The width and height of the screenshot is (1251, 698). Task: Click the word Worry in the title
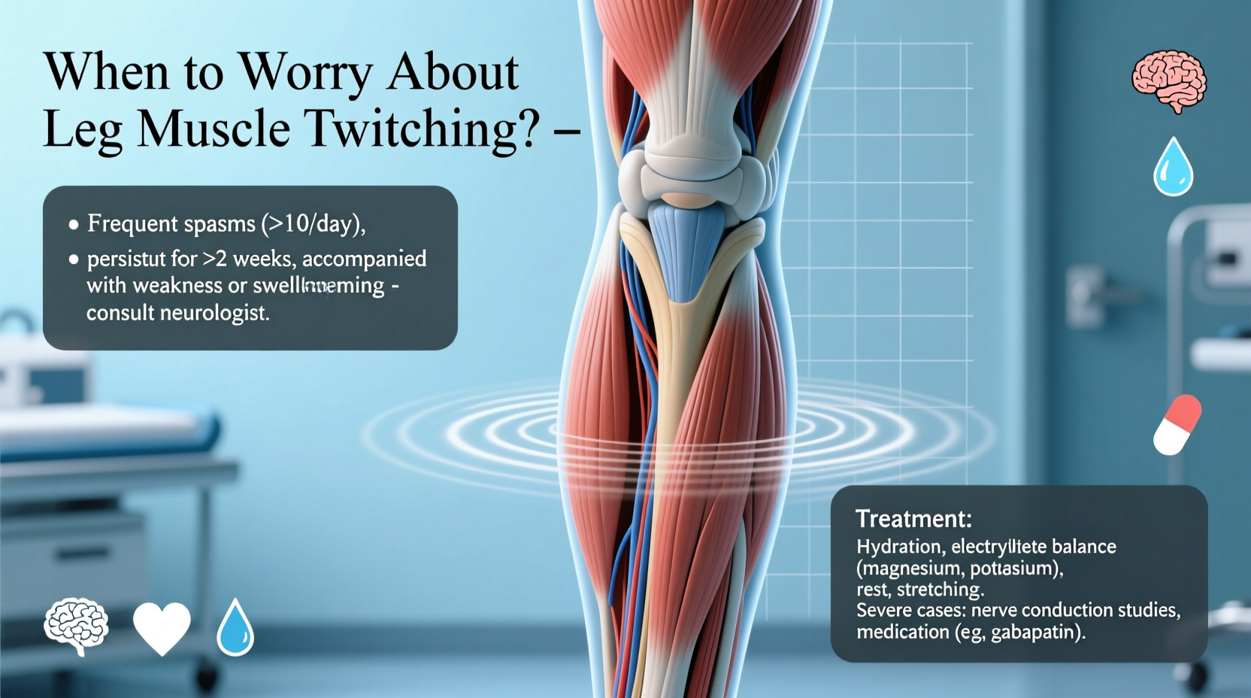(x=306, y=74)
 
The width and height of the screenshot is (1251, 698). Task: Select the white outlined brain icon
(x=76, y=626)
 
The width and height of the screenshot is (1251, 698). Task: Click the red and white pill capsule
(x=1177, y=425)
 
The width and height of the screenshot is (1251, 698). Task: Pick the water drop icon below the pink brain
(x=1173, y=167)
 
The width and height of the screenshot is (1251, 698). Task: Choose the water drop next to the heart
(x=235, y=627)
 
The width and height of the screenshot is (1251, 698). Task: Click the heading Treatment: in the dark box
(x=913, y=519)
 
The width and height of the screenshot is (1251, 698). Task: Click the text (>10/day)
(x=313, y=223)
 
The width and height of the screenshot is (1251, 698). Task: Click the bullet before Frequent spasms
(x=74, y=224)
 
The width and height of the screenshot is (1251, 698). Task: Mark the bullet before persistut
(x=74, y=259)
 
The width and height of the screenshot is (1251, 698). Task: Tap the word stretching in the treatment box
(x=940, y=589)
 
